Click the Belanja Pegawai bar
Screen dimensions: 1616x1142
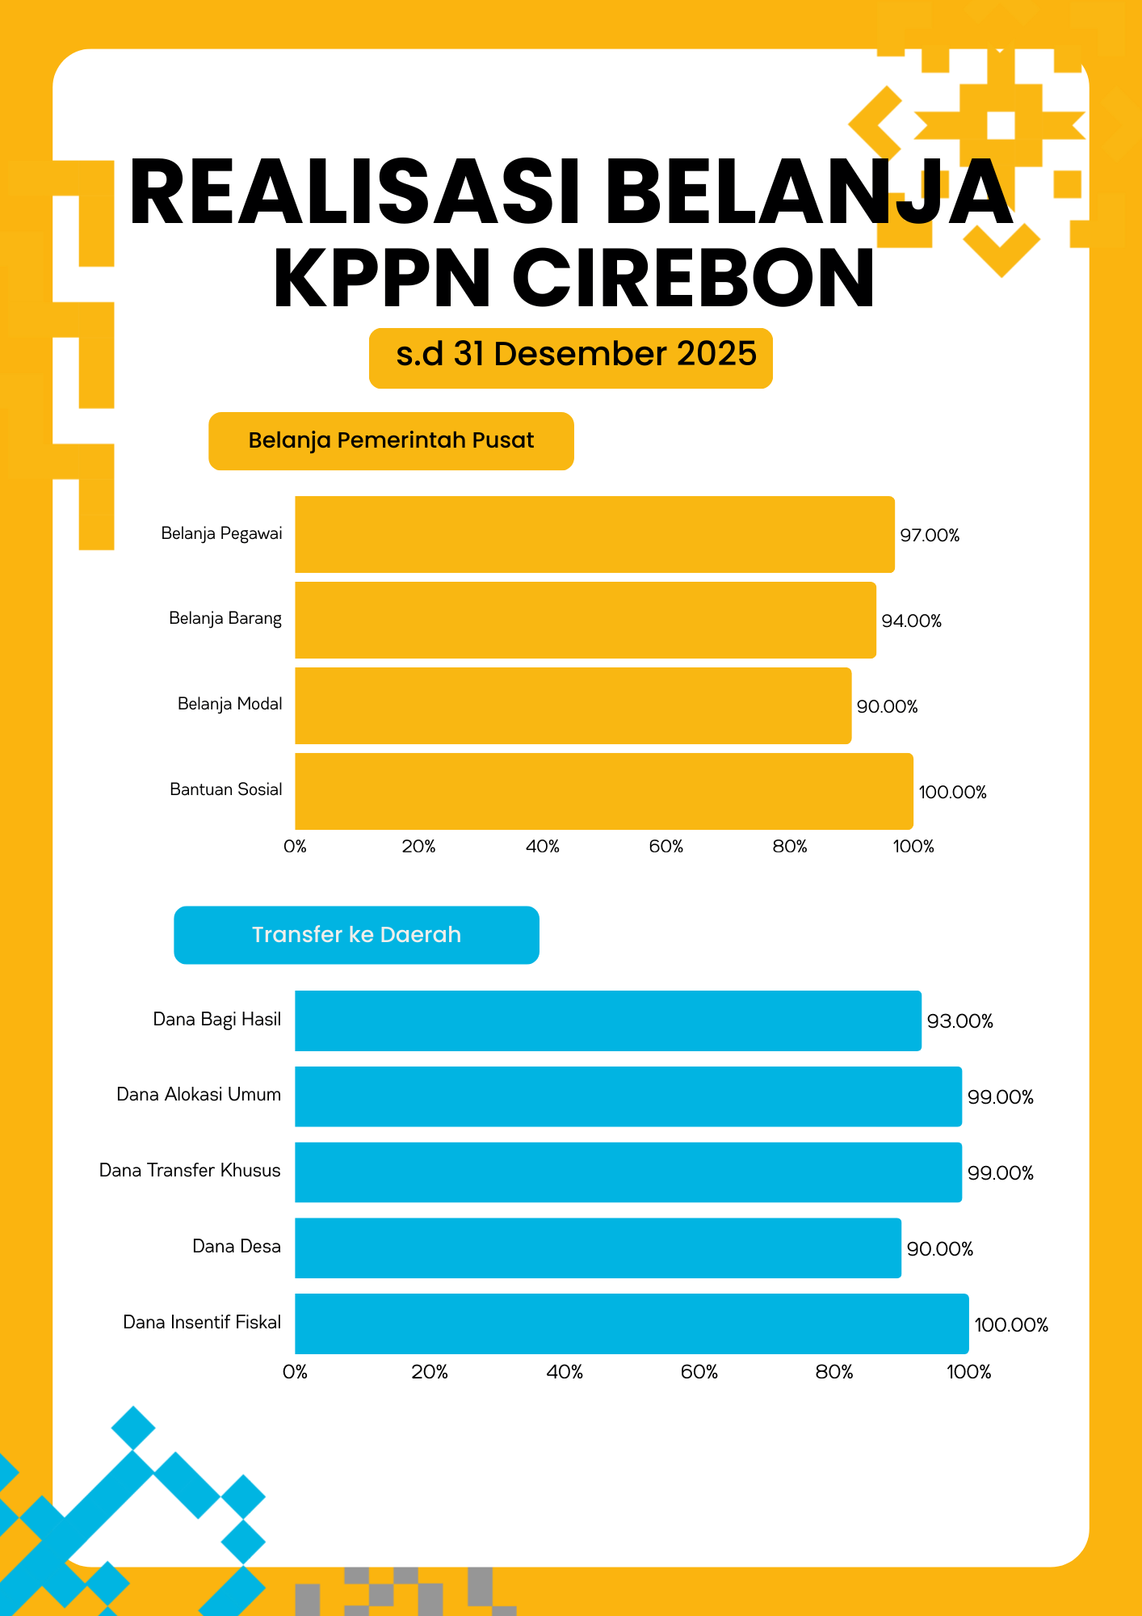594,534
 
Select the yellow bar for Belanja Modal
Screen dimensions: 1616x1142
573,705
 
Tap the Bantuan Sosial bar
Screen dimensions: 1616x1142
603,791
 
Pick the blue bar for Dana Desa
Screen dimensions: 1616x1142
598,1248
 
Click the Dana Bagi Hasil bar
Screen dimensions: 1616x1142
607,1021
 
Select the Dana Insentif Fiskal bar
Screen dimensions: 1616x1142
632,1324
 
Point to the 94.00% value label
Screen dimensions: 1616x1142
911,621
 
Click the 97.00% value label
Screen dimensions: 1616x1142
930,535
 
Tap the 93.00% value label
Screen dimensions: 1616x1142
959,1021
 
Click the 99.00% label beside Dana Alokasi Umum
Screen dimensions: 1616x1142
1000,1096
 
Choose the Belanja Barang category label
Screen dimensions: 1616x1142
225,618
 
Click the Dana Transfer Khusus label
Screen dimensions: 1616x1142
190,1170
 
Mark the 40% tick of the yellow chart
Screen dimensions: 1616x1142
542,846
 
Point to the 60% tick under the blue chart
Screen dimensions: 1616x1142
699,1371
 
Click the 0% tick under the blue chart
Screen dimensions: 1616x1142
295,1371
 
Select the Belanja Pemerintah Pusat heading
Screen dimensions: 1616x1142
391,440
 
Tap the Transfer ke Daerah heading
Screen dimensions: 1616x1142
356,935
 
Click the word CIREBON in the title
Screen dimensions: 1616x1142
693,278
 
